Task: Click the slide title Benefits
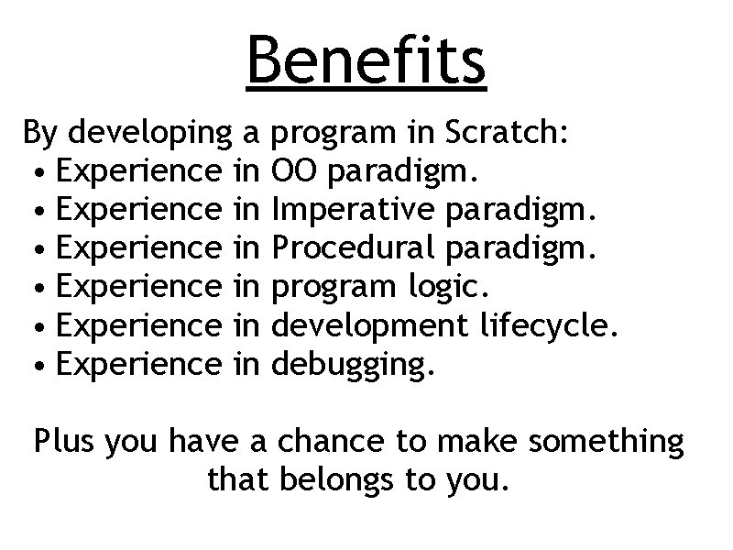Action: click(x=366, y=60)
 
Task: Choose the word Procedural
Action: click(x=351, y=249)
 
